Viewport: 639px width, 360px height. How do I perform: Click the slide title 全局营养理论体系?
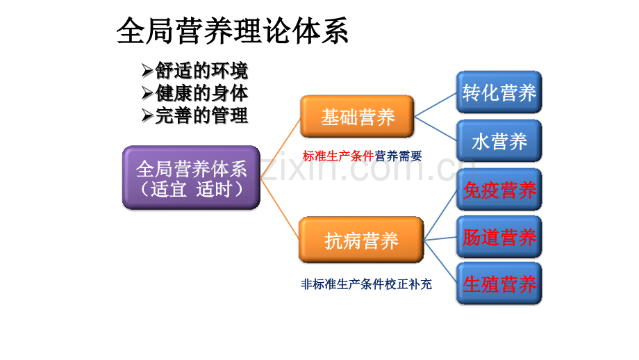tap(233, 31)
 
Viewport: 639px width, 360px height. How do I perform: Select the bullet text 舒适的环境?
tap(201, 71)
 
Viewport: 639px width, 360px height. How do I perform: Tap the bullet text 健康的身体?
tap(201, 93)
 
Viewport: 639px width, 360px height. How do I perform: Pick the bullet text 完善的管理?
tap(201, 115)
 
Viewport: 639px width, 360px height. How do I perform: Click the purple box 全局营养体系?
tap(191, 178)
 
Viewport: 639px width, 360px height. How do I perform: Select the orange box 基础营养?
tap(357, 117)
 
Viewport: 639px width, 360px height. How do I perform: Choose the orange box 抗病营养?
tap(360, 240)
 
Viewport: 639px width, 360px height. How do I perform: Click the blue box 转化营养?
tap(499, 92)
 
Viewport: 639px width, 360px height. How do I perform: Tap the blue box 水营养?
tap(499, 141)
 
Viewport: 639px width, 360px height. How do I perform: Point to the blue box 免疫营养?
tap(499, 190)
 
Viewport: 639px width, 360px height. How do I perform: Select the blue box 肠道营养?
tap(499, 237)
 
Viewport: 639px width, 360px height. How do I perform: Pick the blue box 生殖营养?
tap(499, 284)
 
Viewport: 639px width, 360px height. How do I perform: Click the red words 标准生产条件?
tap(338, 156)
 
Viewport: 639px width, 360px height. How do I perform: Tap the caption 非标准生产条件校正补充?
tap(366, 284)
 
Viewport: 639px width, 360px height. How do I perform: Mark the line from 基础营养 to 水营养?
tap(435, 129)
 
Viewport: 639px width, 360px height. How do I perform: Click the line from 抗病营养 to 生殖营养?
tap(440, 262)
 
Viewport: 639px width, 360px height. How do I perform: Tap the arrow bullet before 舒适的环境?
tap(147, 71)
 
